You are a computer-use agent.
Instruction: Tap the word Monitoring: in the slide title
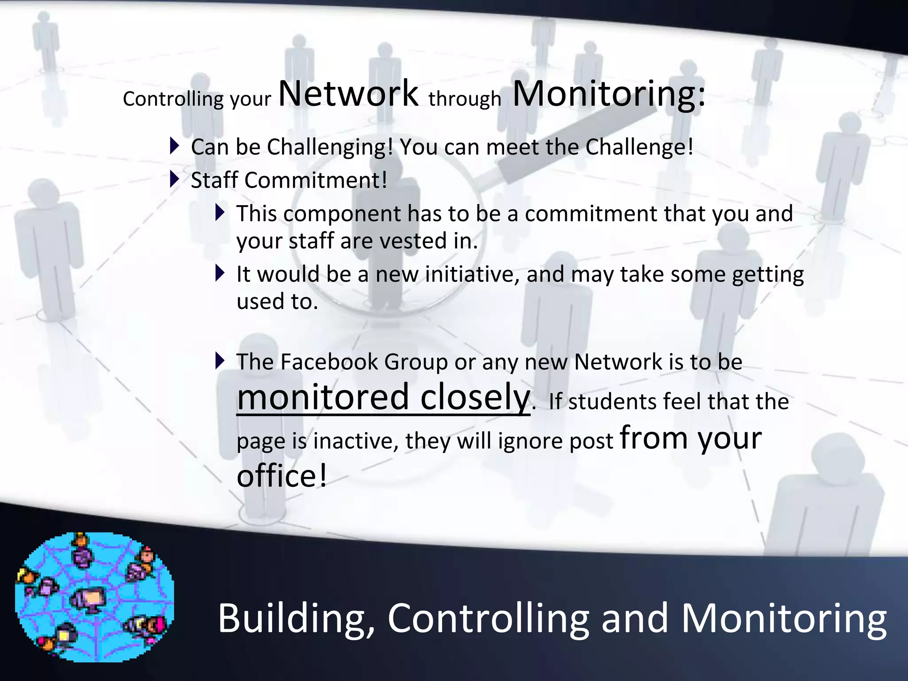tap(608, 94)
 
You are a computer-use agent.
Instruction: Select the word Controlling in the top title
tap(173, 98)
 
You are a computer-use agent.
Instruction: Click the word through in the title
tap(465, 98)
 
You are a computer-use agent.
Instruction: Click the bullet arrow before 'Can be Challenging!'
tap(175, 145)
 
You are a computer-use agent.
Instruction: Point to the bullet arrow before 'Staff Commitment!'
tap(175, 179)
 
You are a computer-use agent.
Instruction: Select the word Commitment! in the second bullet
tap(316, 180)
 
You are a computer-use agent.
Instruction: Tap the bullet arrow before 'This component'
tap(220, 212)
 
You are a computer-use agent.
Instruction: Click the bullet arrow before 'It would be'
tap(220, 273)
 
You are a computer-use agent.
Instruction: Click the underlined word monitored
tap(323, 397)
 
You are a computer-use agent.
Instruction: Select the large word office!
tap(282, 476)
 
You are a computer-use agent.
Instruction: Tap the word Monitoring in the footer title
tap(783, 619)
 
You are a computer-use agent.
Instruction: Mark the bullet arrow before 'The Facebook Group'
tap(220, 360)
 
